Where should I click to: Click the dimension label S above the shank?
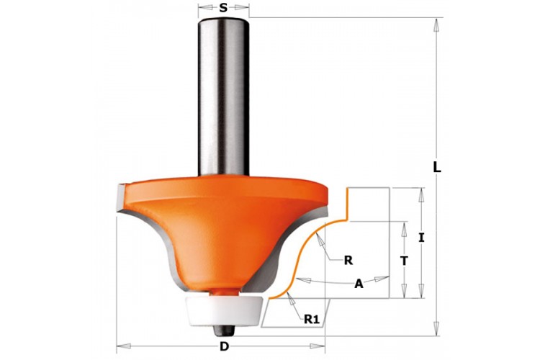[x=223, y=8]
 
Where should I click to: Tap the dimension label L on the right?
[x=437, y=168]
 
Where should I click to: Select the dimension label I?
[x=421, y=238]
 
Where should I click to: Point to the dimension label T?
[x=405, y=261]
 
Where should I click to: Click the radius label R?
[x=348, y=261]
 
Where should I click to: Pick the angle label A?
[x=359, y=284]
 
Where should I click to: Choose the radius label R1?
[x=312, y=320]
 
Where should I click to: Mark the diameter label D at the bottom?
[x=224, y=346]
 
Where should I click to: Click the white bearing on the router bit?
[x=225, y=311]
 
